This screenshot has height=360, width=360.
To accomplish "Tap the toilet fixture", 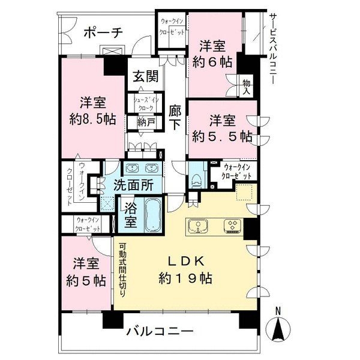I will coord(196,178).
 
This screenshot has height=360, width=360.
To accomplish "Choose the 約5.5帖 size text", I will coord(223,136).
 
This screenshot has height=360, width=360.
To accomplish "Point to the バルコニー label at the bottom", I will coord(160,332).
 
